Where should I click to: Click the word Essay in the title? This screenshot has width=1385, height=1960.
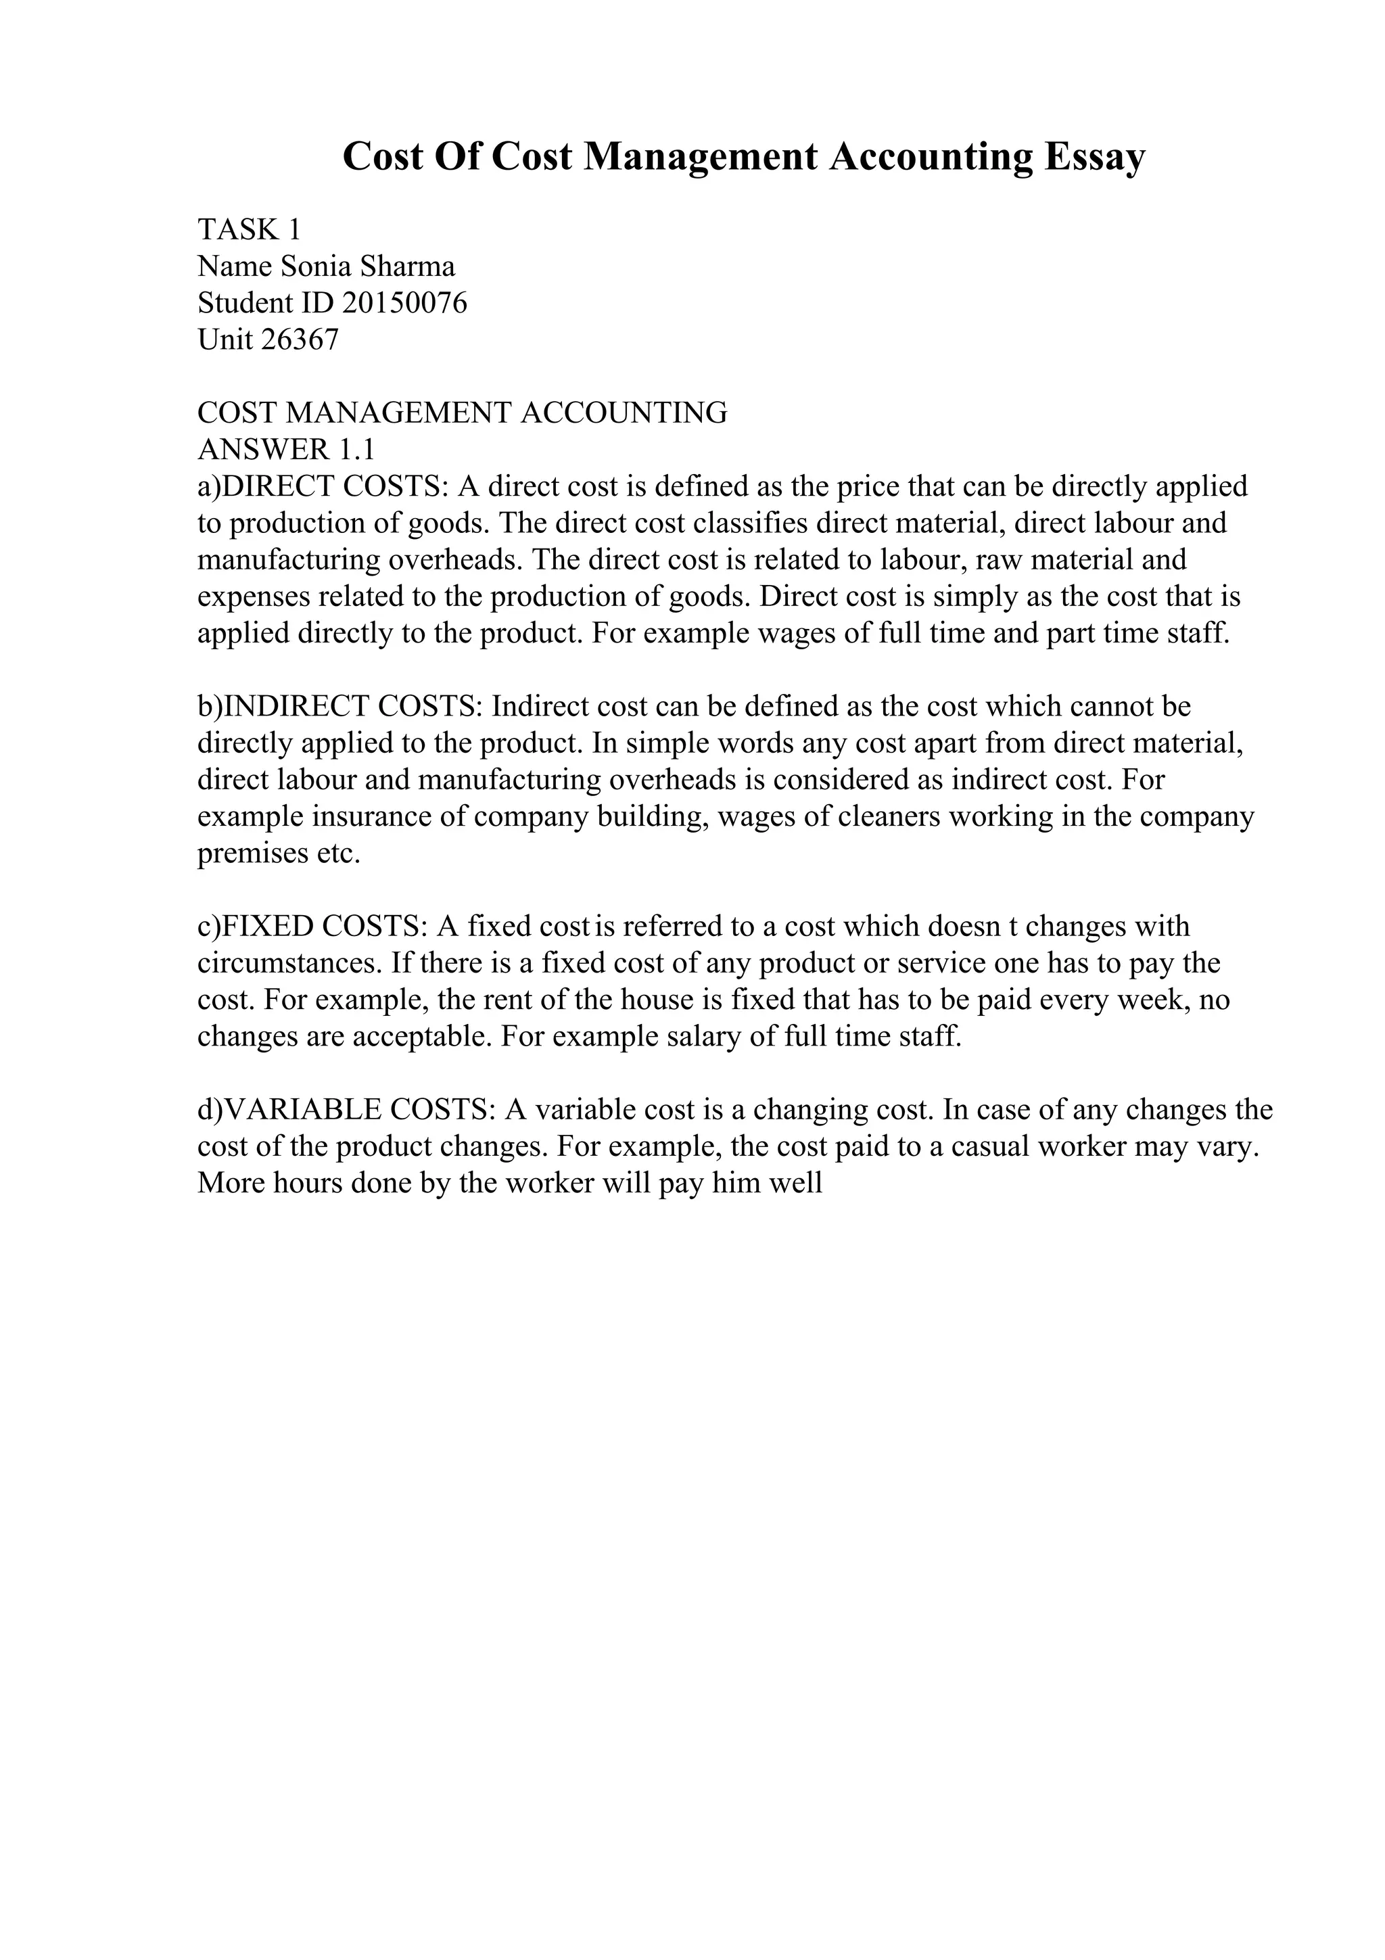point(1095,158)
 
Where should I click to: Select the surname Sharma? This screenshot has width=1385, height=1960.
point(407,266)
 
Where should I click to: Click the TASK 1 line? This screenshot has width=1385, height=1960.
point(249,230)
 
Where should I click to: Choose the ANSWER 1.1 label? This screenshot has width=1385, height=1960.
point(286,450)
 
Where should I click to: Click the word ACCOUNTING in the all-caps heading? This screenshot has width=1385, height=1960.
point(623,413)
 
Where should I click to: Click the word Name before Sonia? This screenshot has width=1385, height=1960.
point(235,266)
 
